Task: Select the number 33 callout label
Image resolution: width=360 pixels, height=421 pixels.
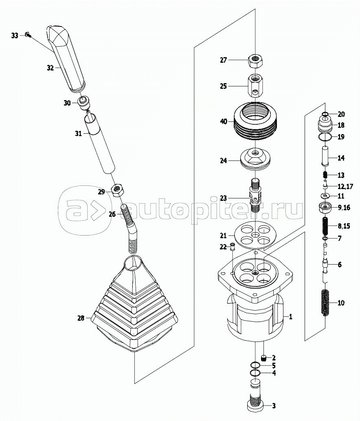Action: click(x=15, y=36)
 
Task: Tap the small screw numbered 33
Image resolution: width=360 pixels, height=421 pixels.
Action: click(x=27, y=35)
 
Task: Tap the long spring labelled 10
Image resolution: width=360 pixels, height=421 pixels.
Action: click(x=325, y=302)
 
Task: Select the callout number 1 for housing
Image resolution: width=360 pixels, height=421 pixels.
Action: click(x=290, y=316)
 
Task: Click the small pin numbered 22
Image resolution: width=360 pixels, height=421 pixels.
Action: click(x=233, y=247)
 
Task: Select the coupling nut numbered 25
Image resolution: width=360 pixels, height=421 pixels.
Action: click(x=255, y=86)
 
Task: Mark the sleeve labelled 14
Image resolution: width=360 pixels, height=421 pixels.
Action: click(x=325, y=157)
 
